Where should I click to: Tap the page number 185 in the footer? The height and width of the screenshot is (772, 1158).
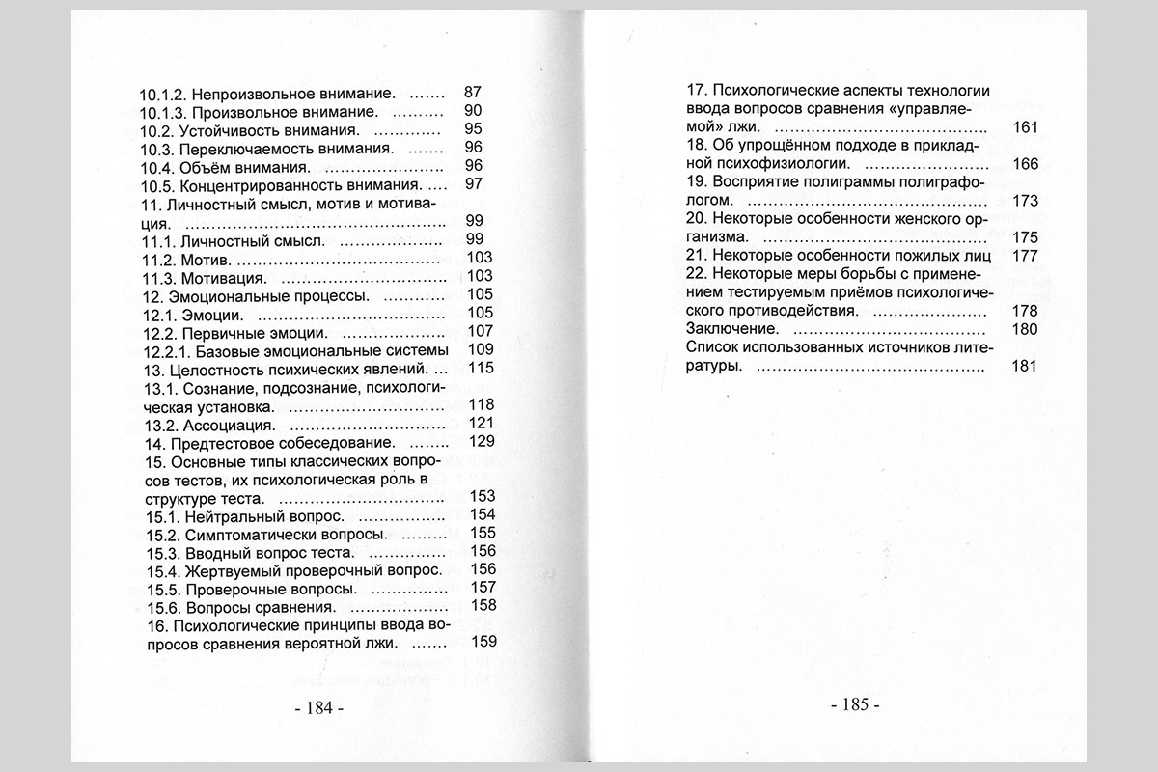pyautogui.click(x=855, y=705)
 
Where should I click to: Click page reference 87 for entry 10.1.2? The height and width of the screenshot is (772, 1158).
pyautogui.click(x=473, y=94)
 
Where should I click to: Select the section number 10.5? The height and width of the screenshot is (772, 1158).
pyautogui.click(x=159, y=184)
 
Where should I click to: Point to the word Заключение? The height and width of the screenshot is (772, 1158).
pyautogui.click(x=730, y=329)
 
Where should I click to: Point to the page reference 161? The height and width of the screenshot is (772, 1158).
pyautogui.click(x=1025, y=127)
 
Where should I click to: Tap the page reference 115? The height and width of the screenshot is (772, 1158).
pyautogui.click(x=481, y=369)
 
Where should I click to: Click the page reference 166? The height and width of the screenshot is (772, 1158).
pyautogui.click(x=1025, y=164)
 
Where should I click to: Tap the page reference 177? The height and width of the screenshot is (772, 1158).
pyautogui.click(x=1025, y=256)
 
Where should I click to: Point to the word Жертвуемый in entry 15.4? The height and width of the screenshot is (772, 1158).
pyautogui.click(x=227, y=569)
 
